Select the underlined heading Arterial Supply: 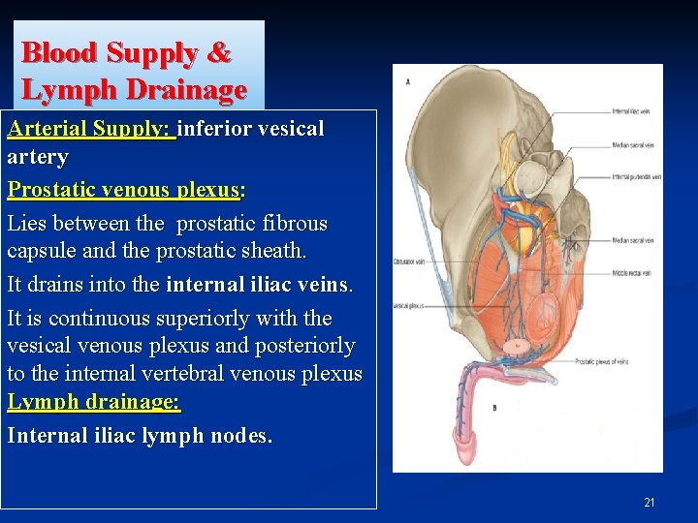point(90,128)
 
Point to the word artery point(38,157)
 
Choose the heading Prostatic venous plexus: point(126,190)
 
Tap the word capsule point(42,251)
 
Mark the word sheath point(269,251)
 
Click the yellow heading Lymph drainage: point(94,402)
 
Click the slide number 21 point(649,503)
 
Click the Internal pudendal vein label point(636,177)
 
